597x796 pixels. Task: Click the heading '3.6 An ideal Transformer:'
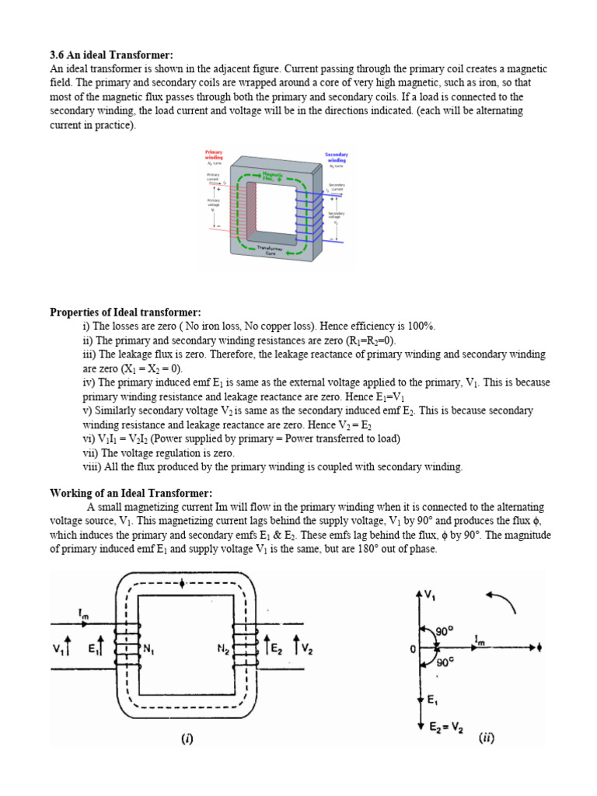(111, 55)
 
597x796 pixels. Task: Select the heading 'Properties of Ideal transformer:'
(125, 312)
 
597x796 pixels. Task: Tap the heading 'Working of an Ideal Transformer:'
(131, 494)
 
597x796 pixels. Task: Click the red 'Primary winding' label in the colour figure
(214, 154)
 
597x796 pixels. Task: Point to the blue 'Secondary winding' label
(336, 158)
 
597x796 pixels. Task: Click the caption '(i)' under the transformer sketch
(187, 739)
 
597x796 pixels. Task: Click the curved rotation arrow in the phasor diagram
(498, 601)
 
